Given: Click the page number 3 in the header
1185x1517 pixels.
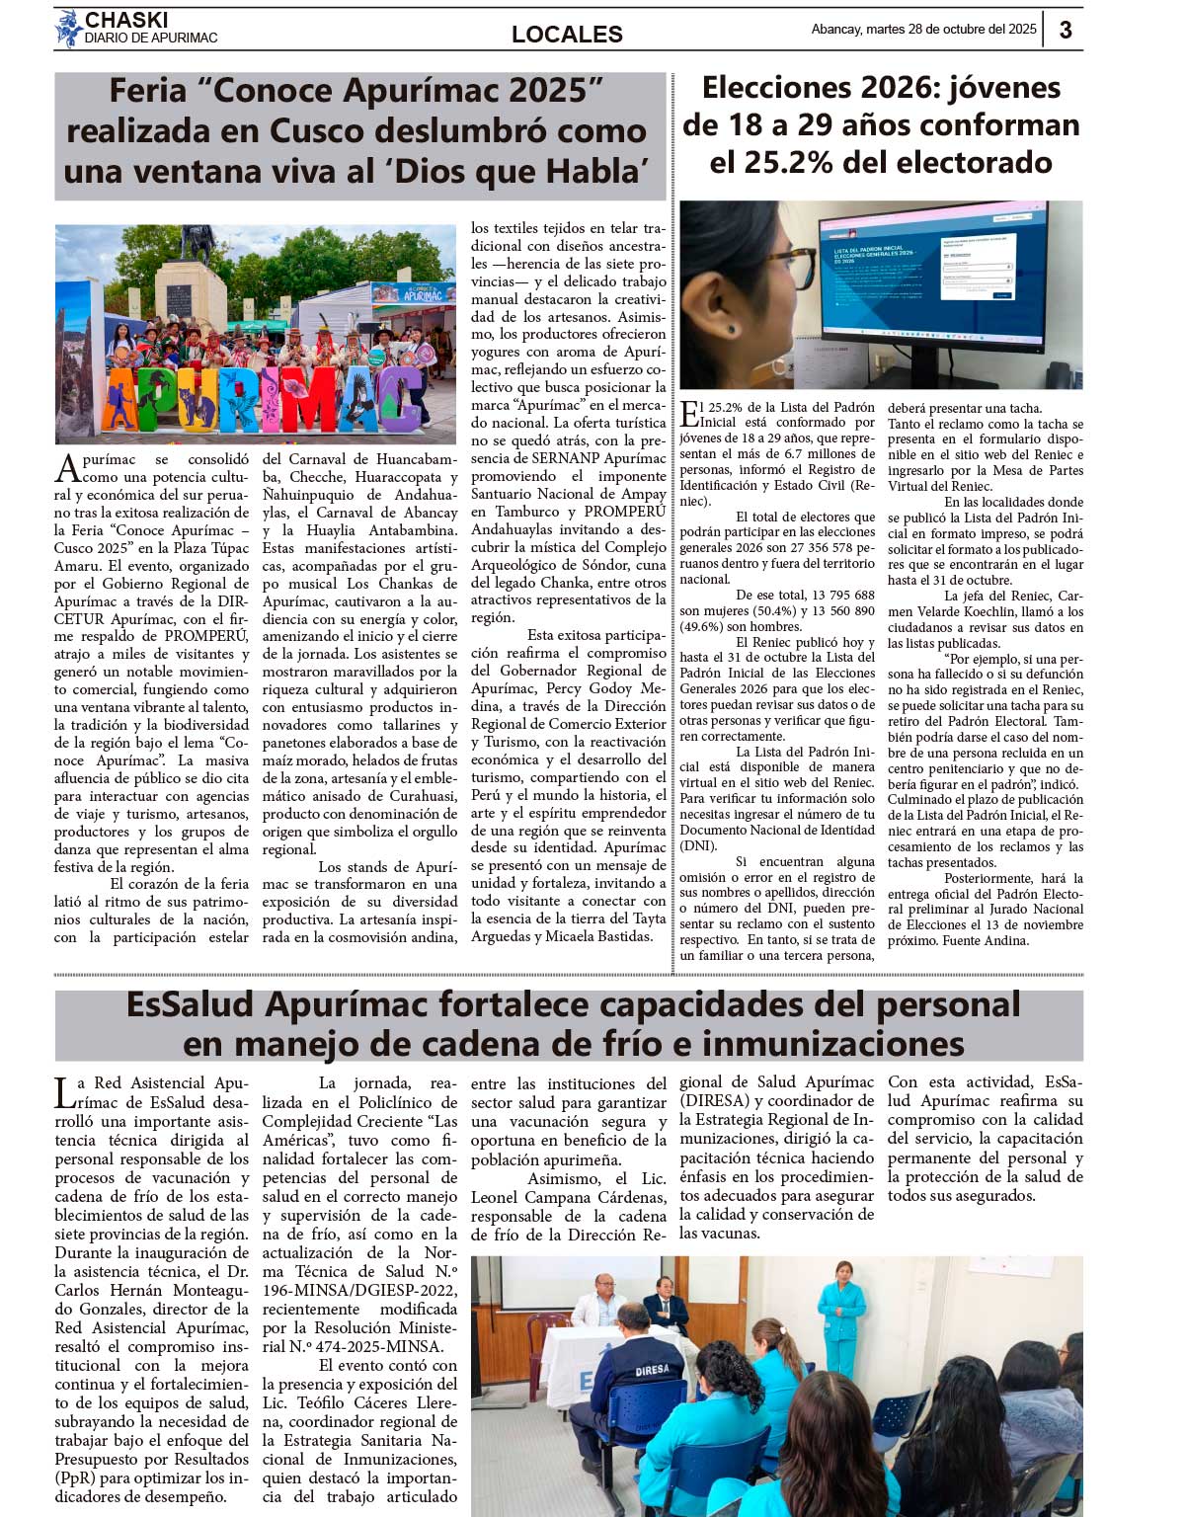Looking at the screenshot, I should click(x=1065, y=30).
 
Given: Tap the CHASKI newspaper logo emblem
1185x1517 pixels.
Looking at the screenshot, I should click(x=68, y=28).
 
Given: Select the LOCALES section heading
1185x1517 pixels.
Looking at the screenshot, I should click(x=567, y=35).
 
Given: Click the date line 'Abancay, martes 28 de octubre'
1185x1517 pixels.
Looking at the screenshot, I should click(x=923, y=30).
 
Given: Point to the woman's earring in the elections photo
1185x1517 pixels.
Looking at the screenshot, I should click(x=732, y=328).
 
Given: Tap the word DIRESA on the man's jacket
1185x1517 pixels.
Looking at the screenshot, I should click(x=651, y=1370).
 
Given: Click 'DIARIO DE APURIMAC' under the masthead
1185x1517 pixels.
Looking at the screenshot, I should click(x=151, y=39).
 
